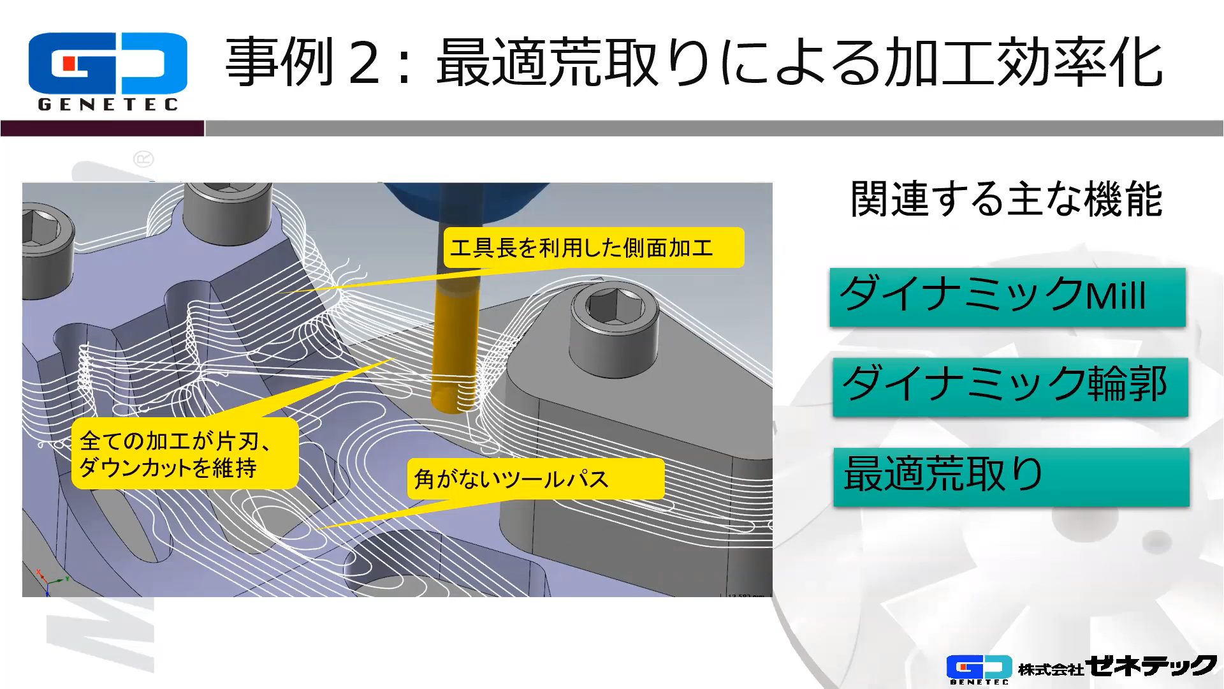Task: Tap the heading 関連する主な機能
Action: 1007,199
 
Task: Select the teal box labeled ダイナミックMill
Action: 1007,297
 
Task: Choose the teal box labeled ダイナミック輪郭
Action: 1010,387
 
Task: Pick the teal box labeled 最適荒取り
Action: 1011,477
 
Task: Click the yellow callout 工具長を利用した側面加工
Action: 594,248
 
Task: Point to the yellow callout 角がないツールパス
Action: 535,478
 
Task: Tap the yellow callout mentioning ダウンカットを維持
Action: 184,454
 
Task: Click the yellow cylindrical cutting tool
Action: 454,344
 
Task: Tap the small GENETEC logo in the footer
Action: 979,670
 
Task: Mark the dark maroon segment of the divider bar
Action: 102,128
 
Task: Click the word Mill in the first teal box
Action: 1116,295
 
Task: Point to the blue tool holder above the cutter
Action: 465,202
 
